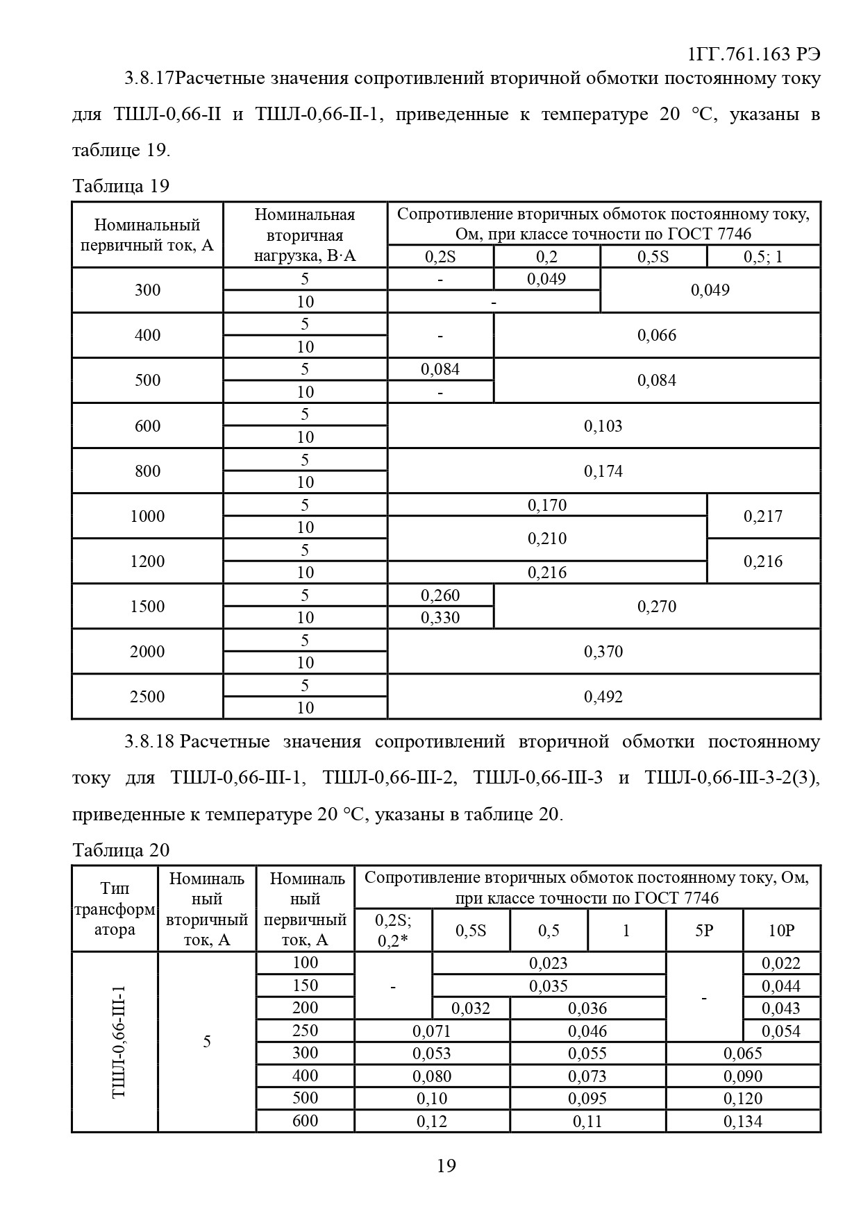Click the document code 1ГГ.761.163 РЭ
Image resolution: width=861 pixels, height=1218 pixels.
(x=754, y=56)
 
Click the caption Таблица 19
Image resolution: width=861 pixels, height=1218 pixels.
(x=121, y=186)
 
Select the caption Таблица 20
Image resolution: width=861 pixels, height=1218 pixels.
(x=121, y=850)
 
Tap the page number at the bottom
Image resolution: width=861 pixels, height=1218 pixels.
(x=446, y=1166)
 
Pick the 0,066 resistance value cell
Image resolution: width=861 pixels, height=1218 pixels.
(x=656, y=336)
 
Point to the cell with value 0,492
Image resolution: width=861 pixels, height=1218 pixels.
(x=603, y=697)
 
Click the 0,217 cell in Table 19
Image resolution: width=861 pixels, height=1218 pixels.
(x=762, y=516)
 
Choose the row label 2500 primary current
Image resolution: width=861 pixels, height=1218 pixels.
(x=147, y=697)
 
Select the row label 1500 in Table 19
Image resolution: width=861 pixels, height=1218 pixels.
(x=147, y=607)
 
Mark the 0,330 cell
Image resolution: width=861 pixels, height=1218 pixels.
(x=440, y=618)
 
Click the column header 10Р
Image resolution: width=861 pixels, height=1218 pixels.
(x=781, y=931)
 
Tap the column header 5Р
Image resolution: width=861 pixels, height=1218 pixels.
(x=704, y=931)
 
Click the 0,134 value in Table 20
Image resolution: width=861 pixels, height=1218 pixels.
(x=743, y=1122)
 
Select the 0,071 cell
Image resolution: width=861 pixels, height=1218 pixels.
(x=432, y=1031)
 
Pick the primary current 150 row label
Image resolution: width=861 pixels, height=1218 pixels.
(x=305, y=986)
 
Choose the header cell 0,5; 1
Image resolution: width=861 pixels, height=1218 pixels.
(x=762, y=257)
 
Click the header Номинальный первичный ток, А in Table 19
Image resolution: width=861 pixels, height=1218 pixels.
(x=147, y=235)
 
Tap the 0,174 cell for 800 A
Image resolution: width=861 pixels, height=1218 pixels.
(x=603, y=471)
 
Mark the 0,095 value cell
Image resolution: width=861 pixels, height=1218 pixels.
(x=587, y=1099)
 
